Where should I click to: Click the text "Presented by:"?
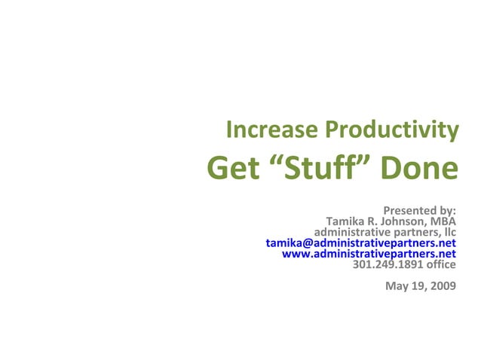point(419,211)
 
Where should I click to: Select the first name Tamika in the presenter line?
point(346,222)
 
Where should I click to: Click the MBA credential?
point(443,222)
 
